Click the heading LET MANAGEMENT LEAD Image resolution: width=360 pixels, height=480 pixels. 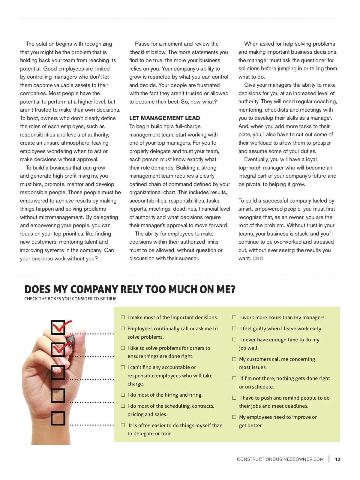[x=164, y=118]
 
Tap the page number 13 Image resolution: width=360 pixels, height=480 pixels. [x=337, y=459]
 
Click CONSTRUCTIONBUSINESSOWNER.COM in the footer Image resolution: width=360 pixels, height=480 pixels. [x=280, y=459]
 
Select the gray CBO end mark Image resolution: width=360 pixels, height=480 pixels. [x=258, y=258]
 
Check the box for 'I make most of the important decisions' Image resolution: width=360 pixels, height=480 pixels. [x=123, y=317]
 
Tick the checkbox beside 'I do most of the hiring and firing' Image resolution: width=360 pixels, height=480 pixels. [x=123, y=394]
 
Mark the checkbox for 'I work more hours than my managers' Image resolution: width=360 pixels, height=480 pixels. [x=234, y=317]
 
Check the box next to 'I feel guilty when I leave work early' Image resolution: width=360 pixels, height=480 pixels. [x=234, y=328]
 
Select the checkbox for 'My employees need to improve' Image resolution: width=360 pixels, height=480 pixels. [x=234, y=417]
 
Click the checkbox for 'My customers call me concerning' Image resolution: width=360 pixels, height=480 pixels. [x=234, y=359]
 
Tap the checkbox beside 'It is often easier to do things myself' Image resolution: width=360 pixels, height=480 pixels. [x=123, y=425]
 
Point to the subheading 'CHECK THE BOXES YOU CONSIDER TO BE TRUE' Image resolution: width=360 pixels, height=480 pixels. [x=71, y=299]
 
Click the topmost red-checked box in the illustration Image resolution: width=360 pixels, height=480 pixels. [x=58, y=327]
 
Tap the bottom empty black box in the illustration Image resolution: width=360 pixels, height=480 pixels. [x=58, y=418]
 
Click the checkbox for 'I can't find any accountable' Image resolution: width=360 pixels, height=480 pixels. [x=123, y=367]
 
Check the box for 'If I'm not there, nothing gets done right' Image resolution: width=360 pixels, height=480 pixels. [x=234, y=378]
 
